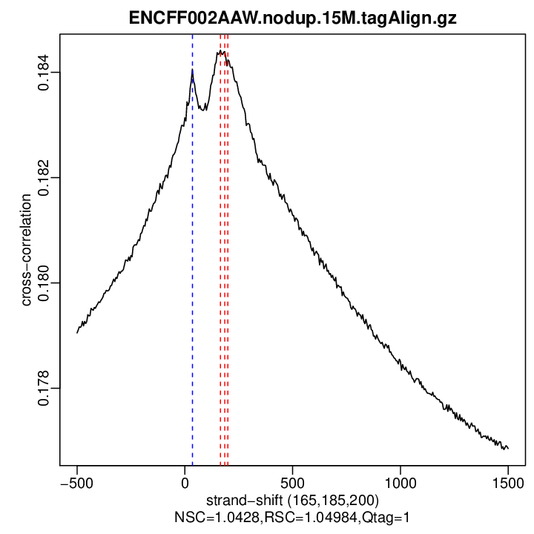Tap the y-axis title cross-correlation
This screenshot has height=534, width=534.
(27, 249)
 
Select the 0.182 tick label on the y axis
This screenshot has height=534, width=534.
(45, 178)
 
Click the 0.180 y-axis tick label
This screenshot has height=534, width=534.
(45, 283)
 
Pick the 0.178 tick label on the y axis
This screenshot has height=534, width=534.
(45, 389)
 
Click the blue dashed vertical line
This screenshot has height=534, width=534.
(192, 297)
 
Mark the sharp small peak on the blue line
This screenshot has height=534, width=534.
(192, 70)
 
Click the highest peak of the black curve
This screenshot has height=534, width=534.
(220, 52)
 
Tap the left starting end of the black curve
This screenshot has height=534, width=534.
(77, 332)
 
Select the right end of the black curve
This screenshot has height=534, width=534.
(508, 449)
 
